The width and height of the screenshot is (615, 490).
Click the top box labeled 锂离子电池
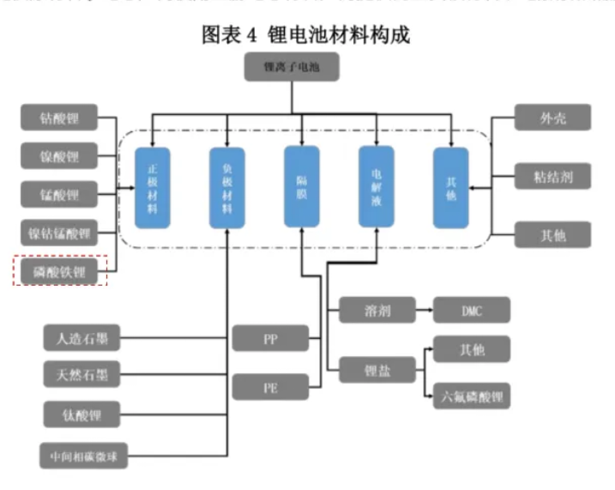click(292, 67)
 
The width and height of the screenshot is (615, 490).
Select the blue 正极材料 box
click(153, 188)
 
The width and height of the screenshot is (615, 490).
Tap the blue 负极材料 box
click(226, 188)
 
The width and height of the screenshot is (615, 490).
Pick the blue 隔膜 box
click(301, 188)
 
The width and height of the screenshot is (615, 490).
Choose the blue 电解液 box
click(376, 188)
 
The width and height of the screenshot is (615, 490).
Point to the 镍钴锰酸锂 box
click(60, 233)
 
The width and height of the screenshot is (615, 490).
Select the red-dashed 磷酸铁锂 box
click(60, 272)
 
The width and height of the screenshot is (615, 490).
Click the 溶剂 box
click(377, 310)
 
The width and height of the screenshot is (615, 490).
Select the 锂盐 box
click(377, 371)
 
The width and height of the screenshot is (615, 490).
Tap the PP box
click(269, 338)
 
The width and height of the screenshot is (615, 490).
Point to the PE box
click(269, 386)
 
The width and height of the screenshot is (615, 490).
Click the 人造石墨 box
click(82, 338)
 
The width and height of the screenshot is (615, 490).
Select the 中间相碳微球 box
click(82, 455)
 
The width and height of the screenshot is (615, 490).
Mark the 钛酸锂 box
click(82, 414)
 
